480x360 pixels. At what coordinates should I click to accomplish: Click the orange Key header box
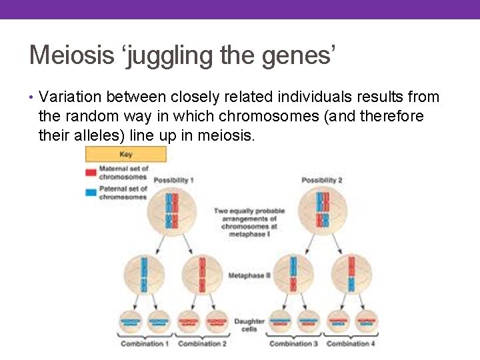tap(125, 154)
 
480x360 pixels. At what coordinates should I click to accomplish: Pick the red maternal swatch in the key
tap(91, 173)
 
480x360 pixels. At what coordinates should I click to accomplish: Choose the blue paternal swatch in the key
tap(91, 192)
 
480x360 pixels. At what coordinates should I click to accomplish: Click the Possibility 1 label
tap(173, 181)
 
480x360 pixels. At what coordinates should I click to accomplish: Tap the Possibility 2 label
tap(321, 181)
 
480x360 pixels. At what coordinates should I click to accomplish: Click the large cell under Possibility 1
tap(172, 211)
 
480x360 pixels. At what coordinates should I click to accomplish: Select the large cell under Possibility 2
tap(323, 211)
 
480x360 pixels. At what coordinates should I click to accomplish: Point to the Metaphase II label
tap(249, 275)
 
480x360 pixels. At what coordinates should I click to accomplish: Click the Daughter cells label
tap(249, 325)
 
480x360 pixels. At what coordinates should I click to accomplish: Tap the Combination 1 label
tap(143, 344)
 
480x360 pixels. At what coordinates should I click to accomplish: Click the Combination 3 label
tap(293, 344)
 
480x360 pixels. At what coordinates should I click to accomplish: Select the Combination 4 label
tap(351, 344)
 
